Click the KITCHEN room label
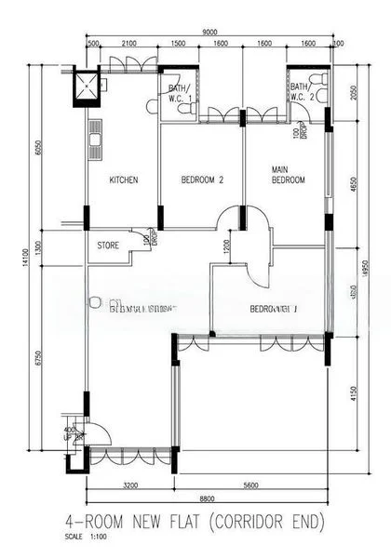(124, 180)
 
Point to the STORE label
(109, 246)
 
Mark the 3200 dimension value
(129, 485)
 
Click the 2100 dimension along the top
(128, 44)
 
